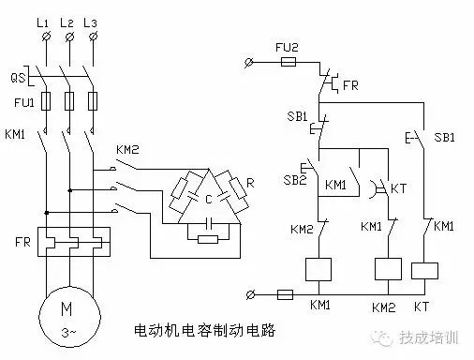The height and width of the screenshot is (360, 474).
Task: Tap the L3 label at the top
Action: click(x=94, y=20)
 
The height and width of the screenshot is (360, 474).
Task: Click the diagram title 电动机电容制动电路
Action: click(x=207, y=330)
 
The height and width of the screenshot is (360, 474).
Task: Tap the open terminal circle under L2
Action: click(x=68, y=37)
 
